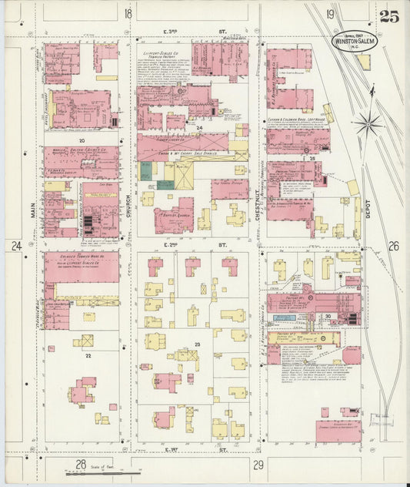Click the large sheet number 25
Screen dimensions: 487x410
coord(388,17)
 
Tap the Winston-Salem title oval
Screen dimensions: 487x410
coord(355,42)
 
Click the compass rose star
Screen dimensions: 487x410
coord(372,122)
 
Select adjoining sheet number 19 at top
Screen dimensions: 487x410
coord(329,14)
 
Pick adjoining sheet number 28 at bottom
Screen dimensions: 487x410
coord(79,463)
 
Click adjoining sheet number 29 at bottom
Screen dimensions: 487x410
coord(258,464)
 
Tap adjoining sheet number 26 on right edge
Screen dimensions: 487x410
coord(394,247)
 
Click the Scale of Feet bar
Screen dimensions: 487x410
coord(115,471)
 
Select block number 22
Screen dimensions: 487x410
coord(88,355)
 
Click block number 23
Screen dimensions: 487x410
coord(197,344)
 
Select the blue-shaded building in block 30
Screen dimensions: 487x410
coord(284,317)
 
